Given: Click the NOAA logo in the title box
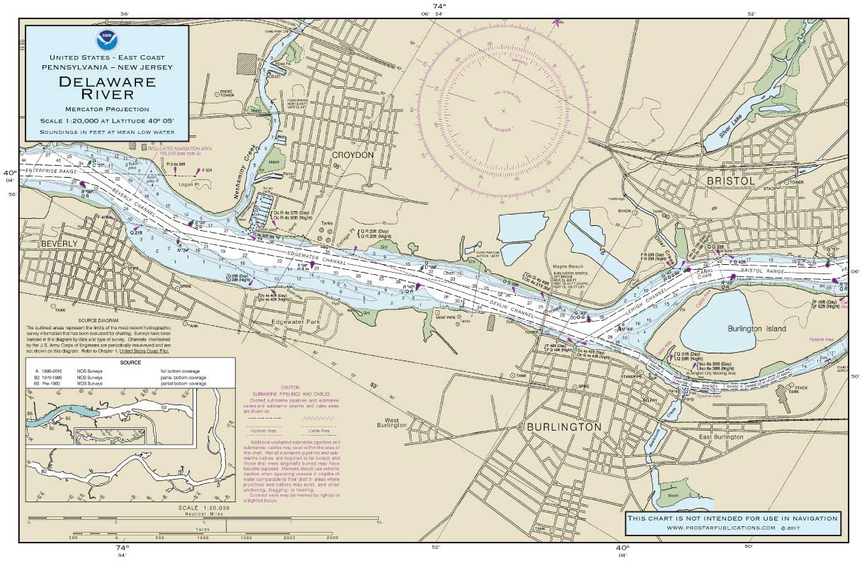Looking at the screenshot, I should [107, 40].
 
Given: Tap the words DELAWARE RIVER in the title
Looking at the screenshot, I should [108, 88].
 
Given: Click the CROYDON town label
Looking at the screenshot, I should [352, 155].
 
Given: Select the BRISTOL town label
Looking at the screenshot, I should [730, 181].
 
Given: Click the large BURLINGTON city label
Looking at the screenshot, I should [563, 427].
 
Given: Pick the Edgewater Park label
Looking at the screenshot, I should [301, 321].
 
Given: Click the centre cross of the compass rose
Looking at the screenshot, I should [503, 110].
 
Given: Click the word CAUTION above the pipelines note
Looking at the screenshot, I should [290, 387].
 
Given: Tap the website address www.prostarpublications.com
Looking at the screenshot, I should [732, 528].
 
